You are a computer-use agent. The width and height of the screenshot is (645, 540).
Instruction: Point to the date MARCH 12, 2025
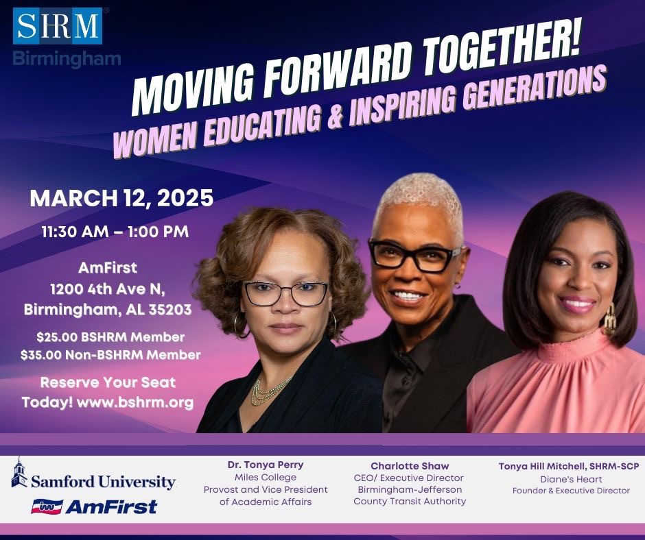pyautogui.click(x=121, y=199)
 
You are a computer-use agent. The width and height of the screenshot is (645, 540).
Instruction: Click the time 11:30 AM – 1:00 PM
pyautogui.click(x=115, y=232)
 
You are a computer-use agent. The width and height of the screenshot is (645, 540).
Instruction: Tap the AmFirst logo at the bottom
pyautogui.click(x=94, y=507)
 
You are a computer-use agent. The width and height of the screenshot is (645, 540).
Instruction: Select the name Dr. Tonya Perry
pyautogui.click(x=266, y=465)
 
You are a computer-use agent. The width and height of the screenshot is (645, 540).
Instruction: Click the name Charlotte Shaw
pyautogui.click(x=410, y=466)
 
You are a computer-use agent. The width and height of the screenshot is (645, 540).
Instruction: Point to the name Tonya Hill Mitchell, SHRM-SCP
pyautogui.click(x=569, y=466)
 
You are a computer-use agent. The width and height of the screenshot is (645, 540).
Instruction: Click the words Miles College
pyautogui.click(x=266, y=477)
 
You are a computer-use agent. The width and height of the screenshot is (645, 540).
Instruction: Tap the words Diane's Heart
pyautogui.click(x=571, y=479)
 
